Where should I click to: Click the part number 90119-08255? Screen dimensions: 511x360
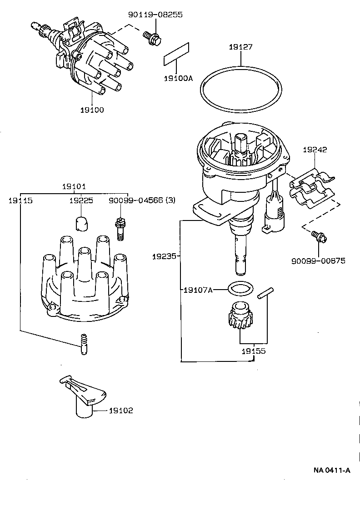click(155, 15)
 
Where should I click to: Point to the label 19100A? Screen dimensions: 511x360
click(178, 78)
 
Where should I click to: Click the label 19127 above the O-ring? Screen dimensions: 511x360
click(240, 47)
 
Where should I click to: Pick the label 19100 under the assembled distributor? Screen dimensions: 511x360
click(92, 110)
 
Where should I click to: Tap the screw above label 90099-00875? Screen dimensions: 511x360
click(318, 236)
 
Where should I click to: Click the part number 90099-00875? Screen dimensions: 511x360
click(318, 261)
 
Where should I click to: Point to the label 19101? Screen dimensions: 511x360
click(74, 186)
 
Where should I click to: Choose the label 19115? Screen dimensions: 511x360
click(20, 200)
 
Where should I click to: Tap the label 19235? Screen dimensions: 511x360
click(164, 257)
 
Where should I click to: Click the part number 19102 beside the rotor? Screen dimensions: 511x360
click(121, 411)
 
